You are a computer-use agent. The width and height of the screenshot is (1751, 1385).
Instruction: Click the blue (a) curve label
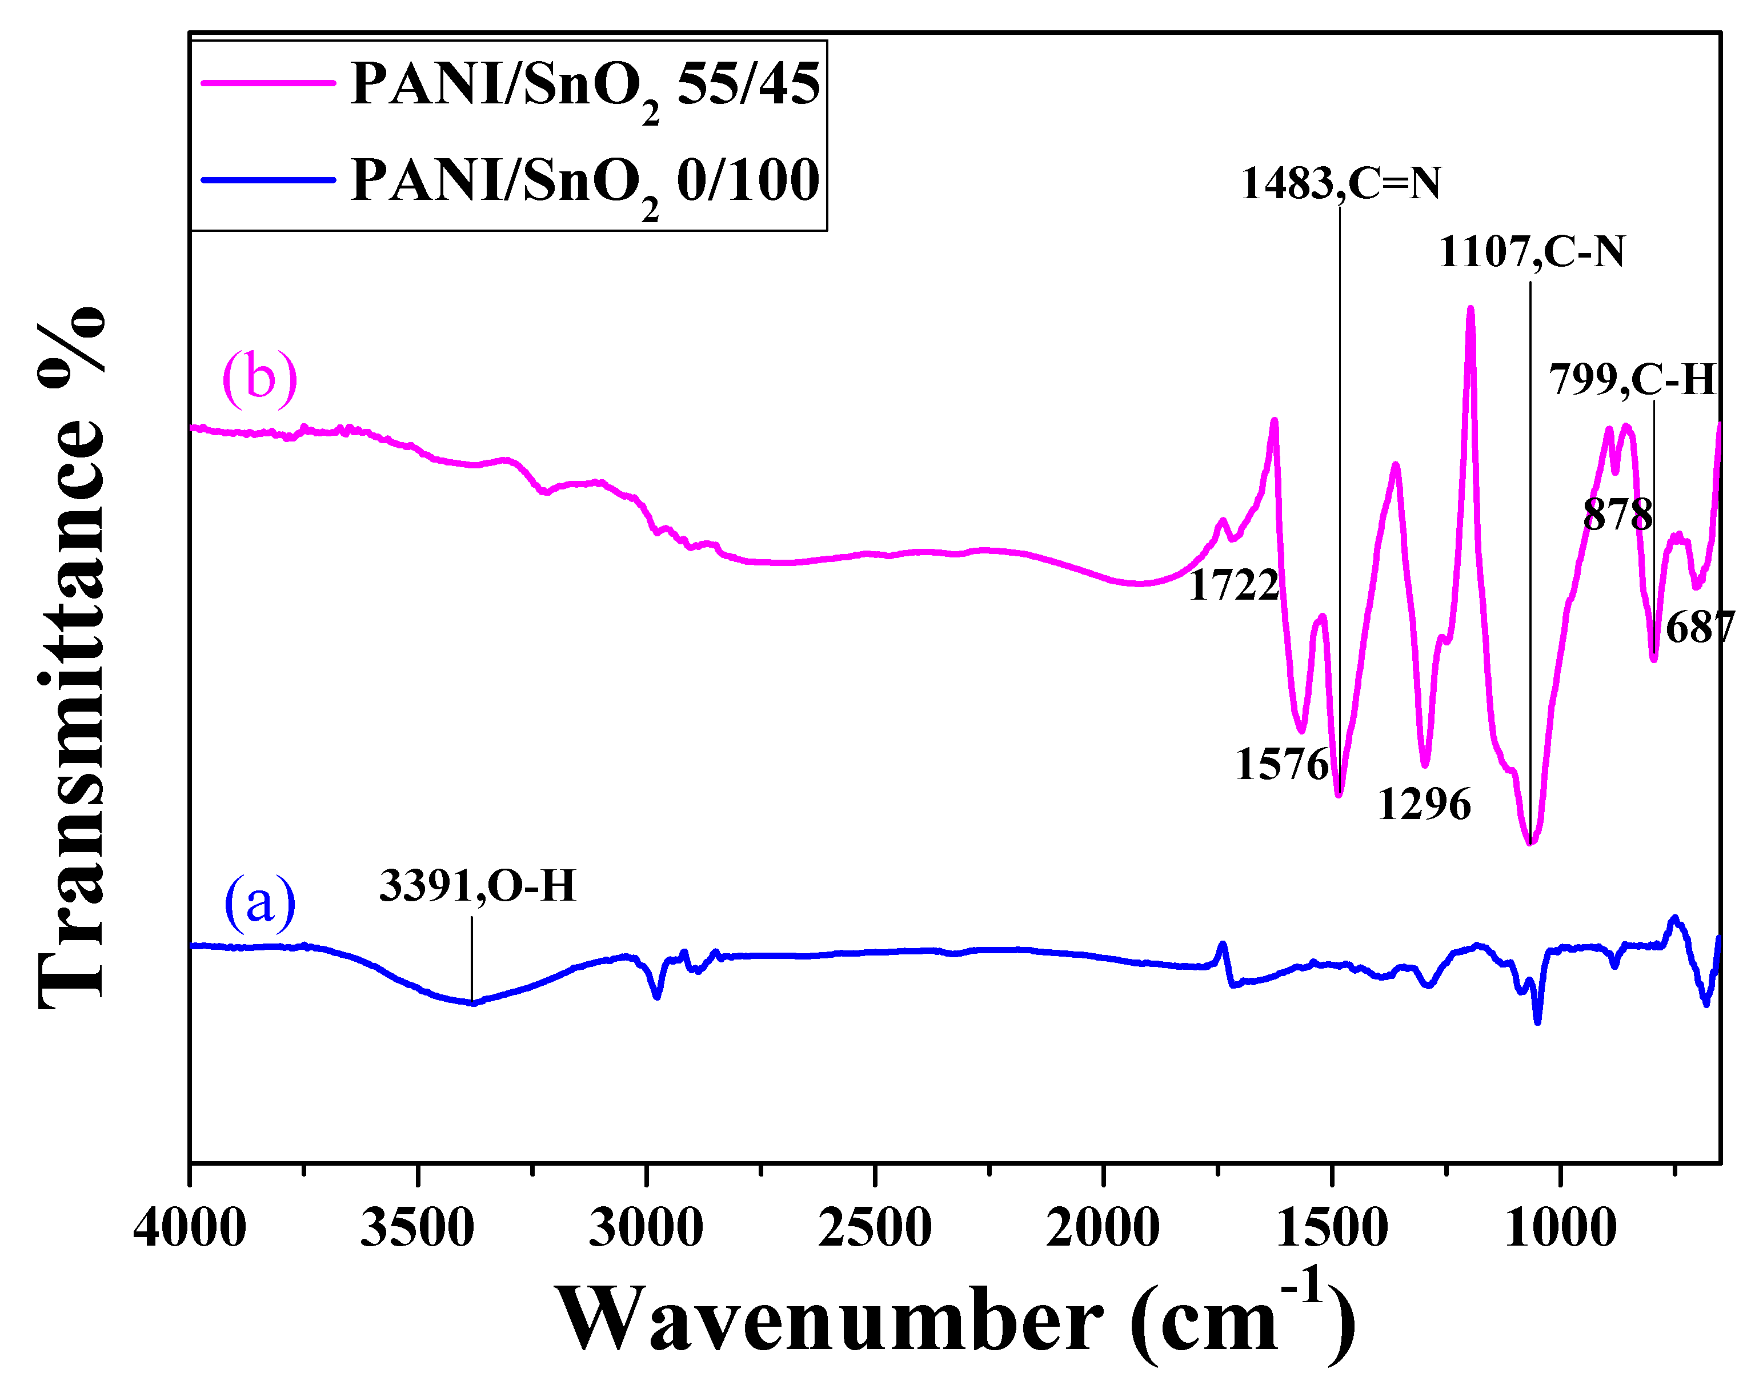[x=259, y=902]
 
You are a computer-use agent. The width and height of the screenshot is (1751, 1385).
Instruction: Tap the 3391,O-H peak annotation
[x=477, y=885]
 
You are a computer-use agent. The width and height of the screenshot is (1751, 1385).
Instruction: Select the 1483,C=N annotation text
[x=1341, y=183]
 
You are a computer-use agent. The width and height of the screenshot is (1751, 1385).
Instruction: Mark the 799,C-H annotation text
[x=1632, y=379]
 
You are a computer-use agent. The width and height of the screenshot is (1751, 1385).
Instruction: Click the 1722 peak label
[x=1233, y=585]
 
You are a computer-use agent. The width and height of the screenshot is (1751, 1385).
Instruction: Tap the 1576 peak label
[x=1281, y=765]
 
